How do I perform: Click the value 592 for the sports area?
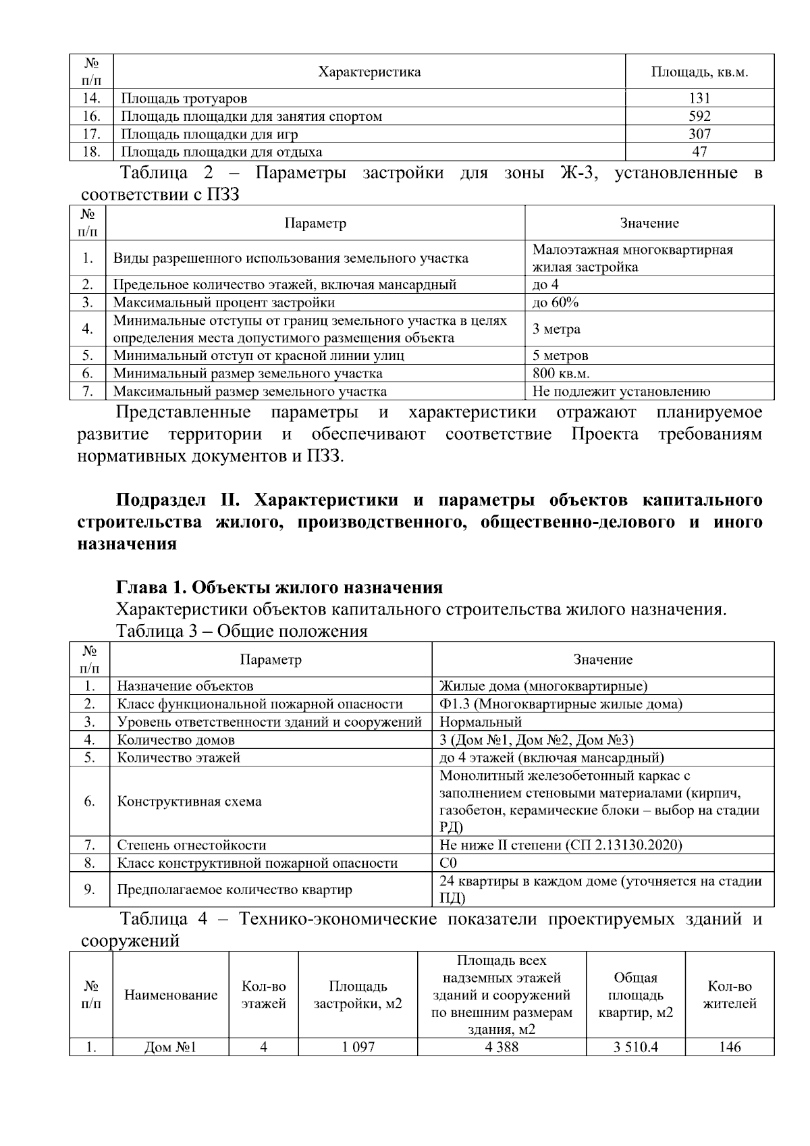click(699, 116)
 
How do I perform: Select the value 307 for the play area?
click(699, 134)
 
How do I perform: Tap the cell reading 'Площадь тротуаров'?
click(184, 99)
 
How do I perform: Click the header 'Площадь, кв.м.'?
click(699, 72)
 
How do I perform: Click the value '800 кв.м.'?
click(560, 373)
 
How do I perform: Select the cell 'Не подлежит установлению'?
click(621, 391)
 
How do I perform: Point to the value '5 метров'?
click(560, 355)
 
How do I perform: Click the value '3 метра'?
click(556, 329)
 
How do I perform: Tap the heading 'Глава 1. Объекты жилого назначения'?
click(279, 586)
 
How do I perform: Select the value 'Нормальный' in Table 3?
click(481, 722)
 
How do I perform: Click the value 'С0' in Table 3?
click(448, 862)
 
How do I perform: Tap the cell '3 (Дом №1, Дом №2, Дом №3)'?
click(536, 739)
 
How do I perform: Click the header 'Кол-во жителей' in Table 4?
click(729, 995)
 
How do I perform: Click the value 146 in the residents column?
click(729, 1047)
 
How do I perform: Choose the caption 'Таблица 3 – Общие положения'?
click(242, 631)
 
